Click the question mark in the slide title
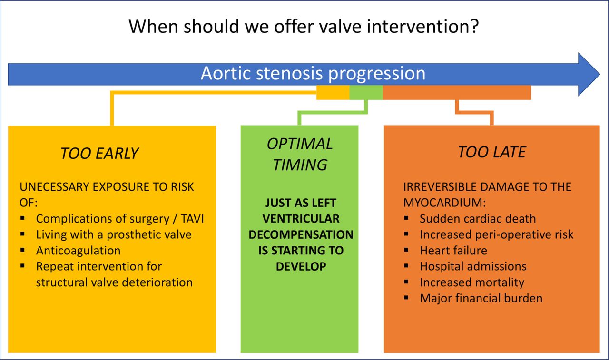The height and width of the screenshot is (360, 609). pyautogui.click(x=473, y=26)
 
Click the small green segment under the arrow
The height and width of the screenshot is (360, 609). pyautogui.click(x=366, y=92)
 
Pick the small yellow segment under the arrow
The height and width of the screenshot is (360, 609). pyautogui.click(x=333, y=92)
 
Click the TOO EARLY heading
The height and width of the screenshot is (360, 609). pyautogui.click(x=99, y=153)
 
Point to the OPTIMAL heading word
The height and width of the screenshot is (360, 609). pyautogui.click(x=300, y=144)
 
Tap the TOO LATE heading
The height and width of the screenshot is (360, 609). pyautogui.click(x=492, y=152)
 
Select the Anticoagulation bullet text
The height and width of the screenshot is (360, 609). pyautogui.click(x=79, y=251)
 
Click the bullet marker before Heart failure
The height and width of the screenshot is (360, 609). pyautogui.click(x=406, y=250)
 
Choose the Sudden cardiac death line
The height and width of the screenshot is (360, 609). pyautogui.click(x=478, y=219)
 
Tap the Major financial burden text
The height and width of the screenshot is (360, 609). pyautogui.click(x=481, y=298)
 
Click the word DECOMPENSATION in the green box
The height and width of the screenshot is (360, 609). pyautogui.click(x=301, y=235)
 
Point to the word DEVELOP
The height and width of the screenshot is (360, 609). pyautogui.click(x=301, y=266)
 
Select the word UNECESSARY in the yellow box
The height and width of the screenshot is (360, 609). pyautogui.click(x=54, y=187)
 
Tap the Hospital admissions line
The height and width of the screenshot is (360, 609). pyautogui.click(x=473, y=266)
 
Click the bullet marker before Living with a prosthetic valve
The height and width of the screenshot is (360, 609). pyautogui.click(x=22, y=234)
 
